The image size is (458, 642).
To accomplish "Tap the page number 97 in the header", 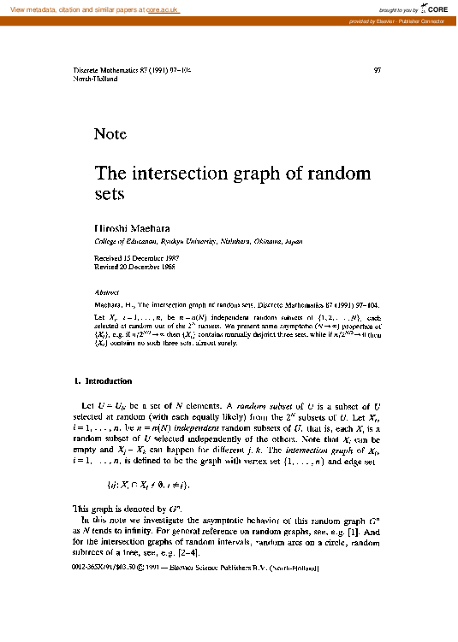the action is (x=379, y=69).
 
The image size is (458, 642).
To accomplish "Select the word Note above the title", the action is (x=110, y=134).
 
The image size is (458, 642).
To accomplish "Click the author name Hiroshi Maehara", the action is (x=132, y=231).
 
